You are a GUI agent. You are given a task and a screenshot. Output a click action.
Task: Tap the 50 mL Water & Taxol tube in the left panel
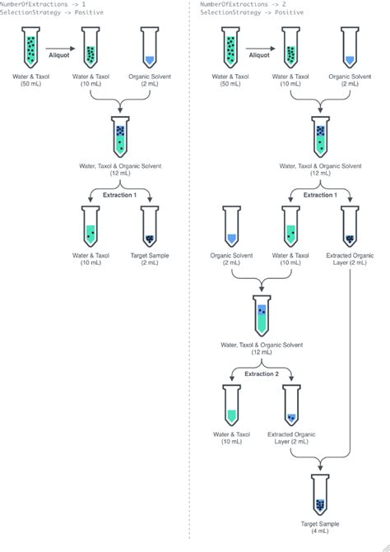[31, 49]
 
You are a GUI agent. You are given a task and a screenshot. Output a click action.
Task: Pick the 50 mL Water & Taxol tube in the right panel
[231, 49]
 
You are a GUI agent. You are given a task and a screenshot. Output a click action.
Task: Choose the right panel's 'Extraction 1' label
[321, 194]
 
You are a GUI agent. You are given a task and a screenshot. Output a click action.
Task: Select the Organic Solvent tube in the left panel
[150, 49]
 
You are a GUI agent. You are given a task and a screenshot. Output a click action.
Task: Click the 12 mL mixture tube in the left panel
[120, 137]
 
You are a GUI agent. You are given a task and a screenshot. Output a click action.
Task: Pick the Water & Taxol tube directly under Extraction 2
[231, 406]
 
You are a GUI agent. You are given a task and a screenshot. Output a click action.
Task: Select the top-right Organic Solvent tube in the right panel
[351, 49]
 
